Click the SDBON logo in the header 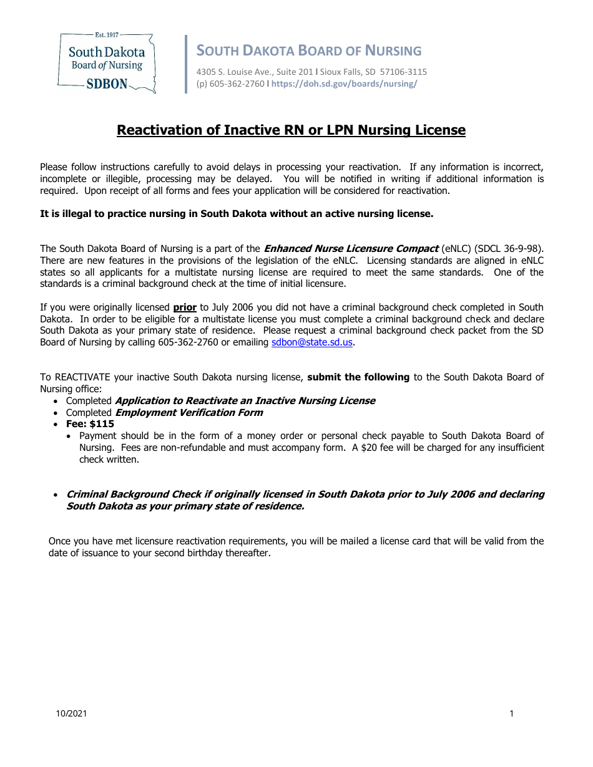tap(106, 63)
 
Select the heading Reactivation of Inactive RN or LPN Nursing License tap(292, 130)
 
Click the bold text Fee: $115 tap(90, 424)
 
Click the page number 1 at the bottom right tap(512, 714)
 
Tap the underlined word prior tap(185, 307)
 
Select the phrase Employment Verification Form tap(189, 413)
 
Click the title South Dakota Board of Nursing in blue tap(309, 51)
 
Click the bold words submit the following tap(358, 377)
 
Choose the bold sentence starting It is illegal tap(237, 214)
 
